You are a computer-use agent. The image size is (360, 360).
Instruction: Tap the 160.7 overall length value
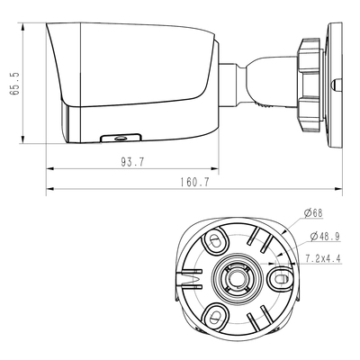[x=193, y=182]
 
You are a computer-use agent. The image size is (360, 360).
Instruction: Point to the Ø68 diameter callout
[x=314, y=213]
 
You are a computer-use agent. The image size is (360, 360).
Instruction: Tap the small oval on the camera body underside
[x=118, y=138]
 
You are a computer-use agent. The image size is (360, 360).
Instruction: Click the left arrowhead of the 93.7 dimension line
[x=49, y=167]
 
